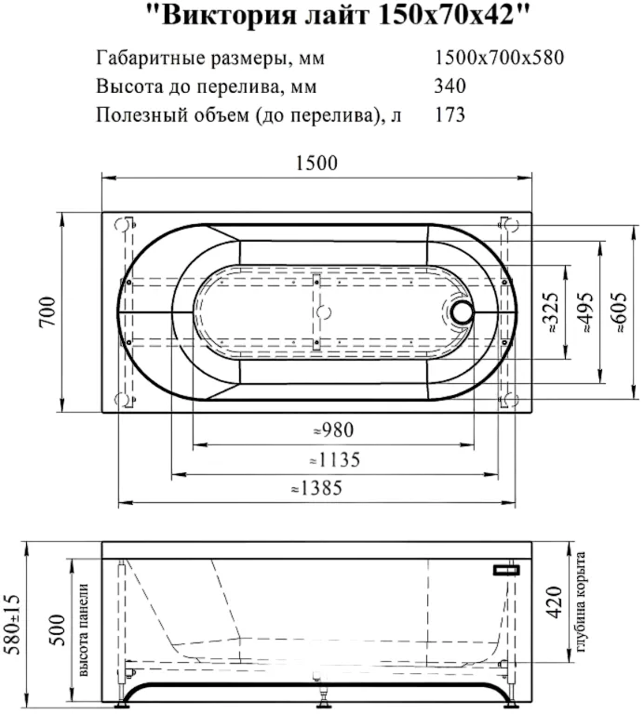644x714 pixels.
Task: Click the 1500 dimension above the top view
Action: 316,163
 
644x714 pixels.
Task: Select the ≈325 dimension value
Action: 551,312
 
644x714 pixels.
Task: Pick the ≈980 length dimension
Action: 333,430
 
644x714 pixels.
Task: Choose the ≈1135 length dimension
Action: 334,459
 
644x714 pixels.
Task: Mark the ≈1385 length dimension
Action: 316,488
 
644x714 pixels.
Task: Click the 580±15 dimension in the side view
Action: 14,624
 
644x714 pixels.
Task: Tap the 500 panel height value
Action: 58,629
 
